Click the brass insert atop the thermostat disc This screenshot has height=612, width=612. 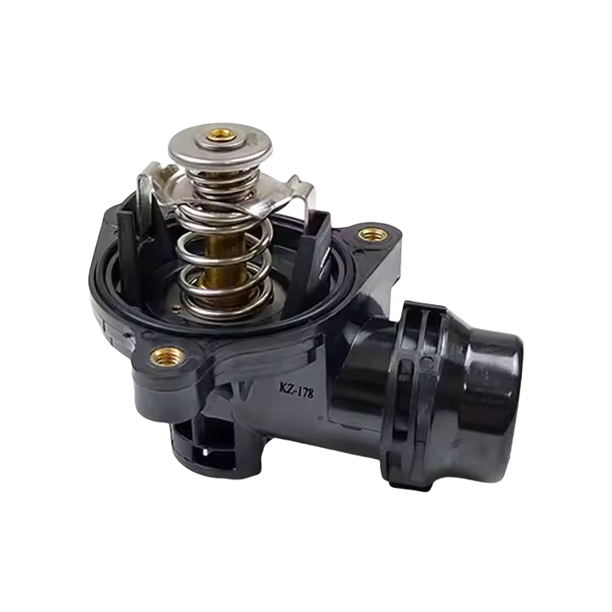point(221,135)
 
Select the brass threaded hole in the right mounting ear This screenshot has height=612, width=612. point(373,235)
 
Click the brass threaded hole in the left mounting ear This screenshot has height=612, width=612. point(167,356)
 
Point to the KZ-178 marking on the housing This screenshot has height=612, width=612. point(296,389)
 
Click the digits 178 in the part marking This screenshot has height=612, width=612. point(305,392)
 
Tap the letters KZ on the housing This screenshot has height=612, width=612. point(286,388)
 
